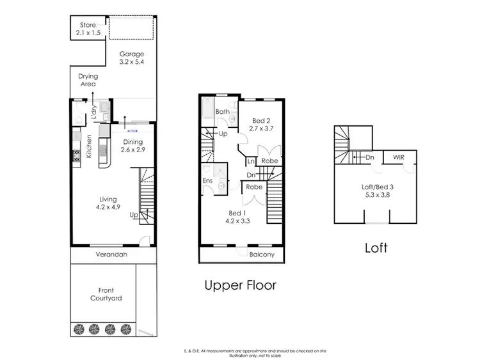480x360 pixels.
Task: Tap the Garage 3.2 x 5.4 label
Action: (x=132, y=58)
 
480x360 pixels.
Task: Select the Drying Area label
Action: (x=88, y=80)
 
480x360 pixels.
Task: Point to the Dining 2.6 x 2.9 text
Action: (x=133, y=146)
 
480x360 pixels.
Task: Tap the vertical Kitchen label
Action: (x=90, y=146)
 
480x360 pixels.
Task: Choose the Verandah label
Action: (x=113, y=254)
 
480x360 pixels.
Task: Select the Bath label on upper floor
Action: (x=222, y=112)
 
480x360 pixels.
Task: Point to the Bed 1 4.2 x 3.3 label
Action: (x=235, y=217)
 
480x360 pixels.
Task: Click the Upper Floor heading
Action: (x=240, y=285)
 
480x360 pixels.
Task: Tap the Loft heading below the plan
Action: (x=376, y=247)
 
